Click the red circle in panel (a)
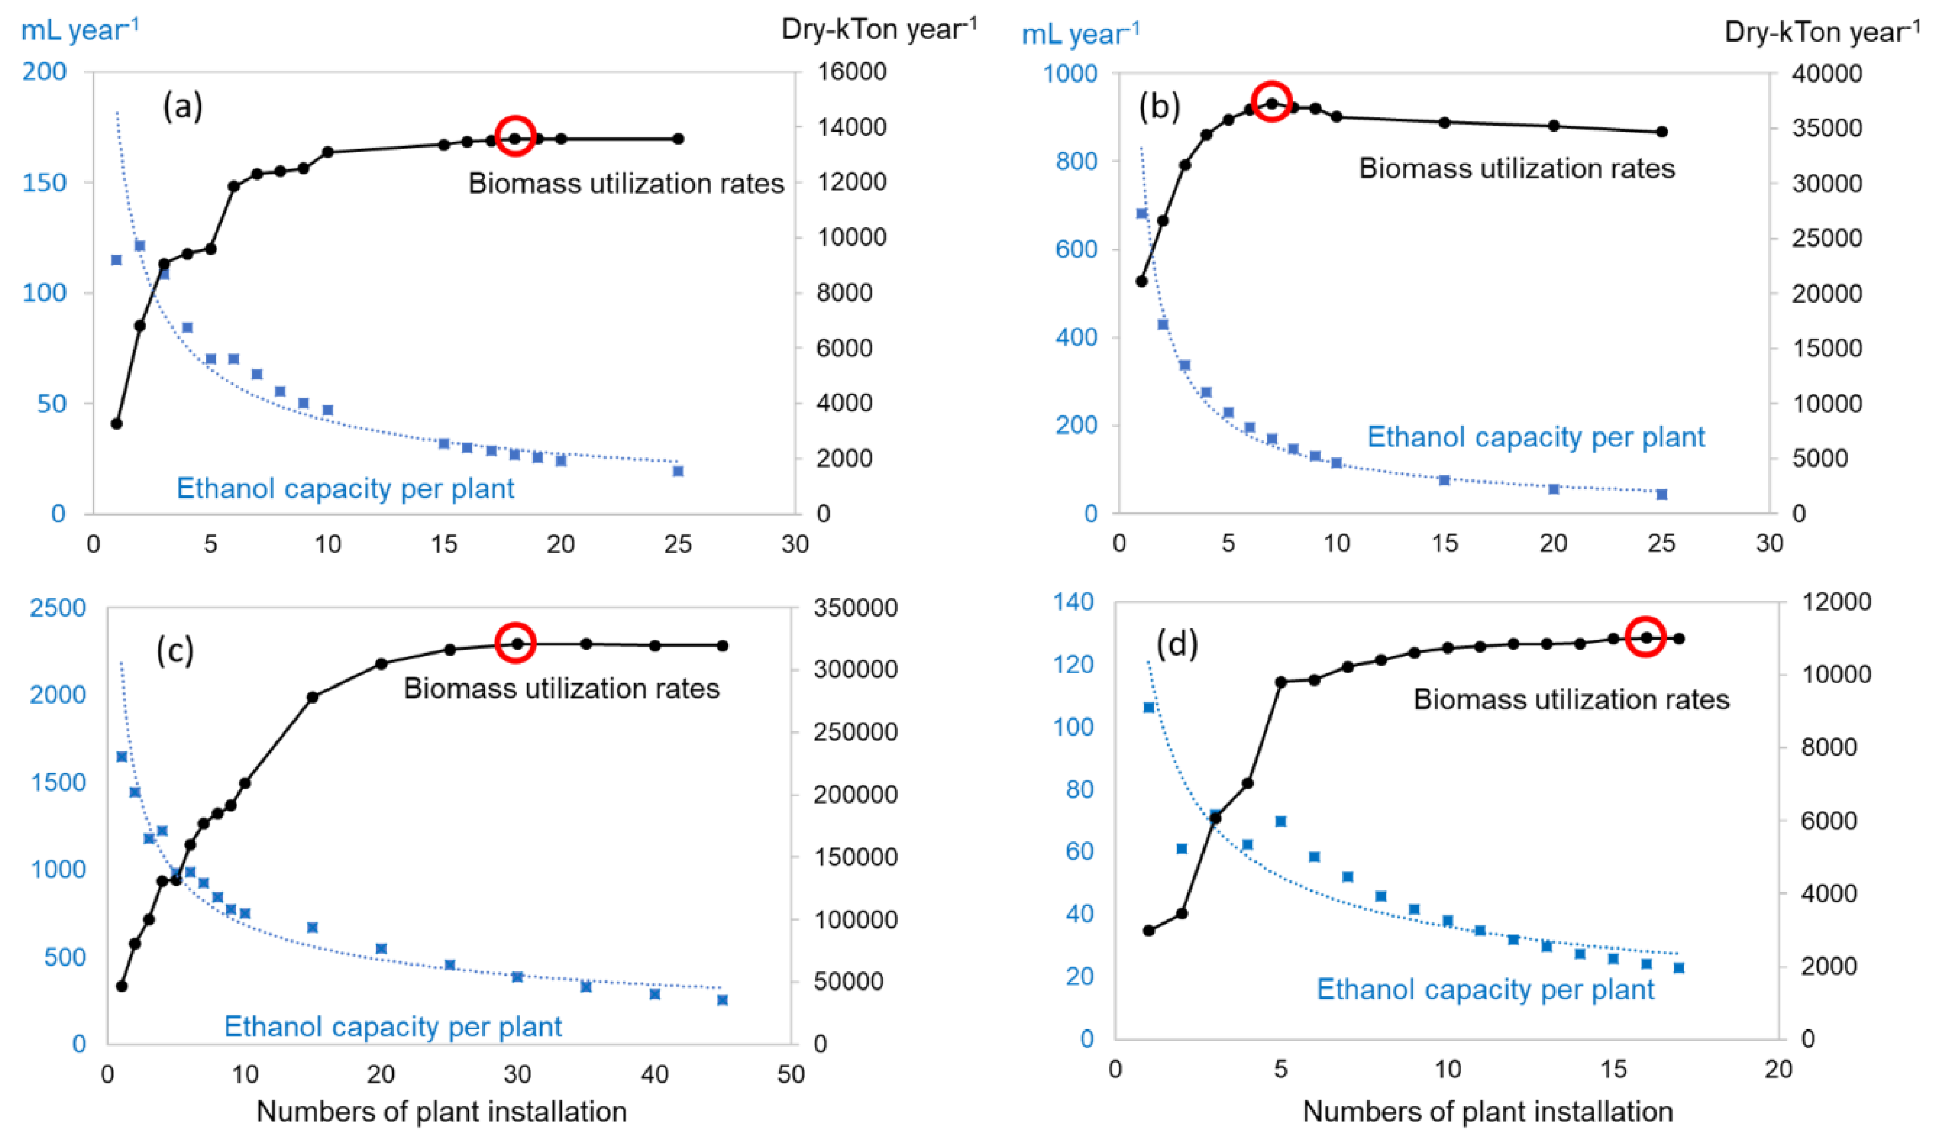pyautogui.click(x=515, y=136)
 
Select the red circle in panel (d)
pyautogui.click(x=1645, y=637)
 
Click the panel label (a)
pyautogui.click(x=183, y=105)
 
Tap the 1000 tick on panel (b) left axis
pyautogui.click(x=1070, y=73)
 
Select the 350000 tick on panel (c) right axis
pyautogui.click(x=856, y=608)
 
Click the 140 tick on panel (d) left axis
pyautogui.click(x=1073, y=601)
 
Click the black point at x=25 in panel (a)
pyautogui.click(x=677, y=139)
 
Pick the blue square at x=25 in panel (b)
pyautogui.click(x=1662, y=494)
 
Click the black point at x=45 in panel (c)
pyautogui.click(x=722, y=645)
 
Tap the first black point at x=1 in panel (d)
pyautogui.click(x=1149, y=930)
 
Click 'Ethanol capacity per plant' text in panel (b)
pyautogui.click(x=1535, y=437)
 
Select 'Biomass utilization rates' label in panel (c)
pyautogui.click(x=561, y=689)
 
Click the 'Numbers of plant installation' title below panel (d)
pyautogui.click(x=1487, y=1111)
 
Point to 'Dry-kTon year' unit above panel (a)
pyautogui.click(x=879, y=29)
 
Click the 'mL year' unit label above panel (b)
pyautogui.click(x=1080, y=35)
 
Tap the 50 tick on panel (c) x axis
pyautogui.click(x=791, y=1074)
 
